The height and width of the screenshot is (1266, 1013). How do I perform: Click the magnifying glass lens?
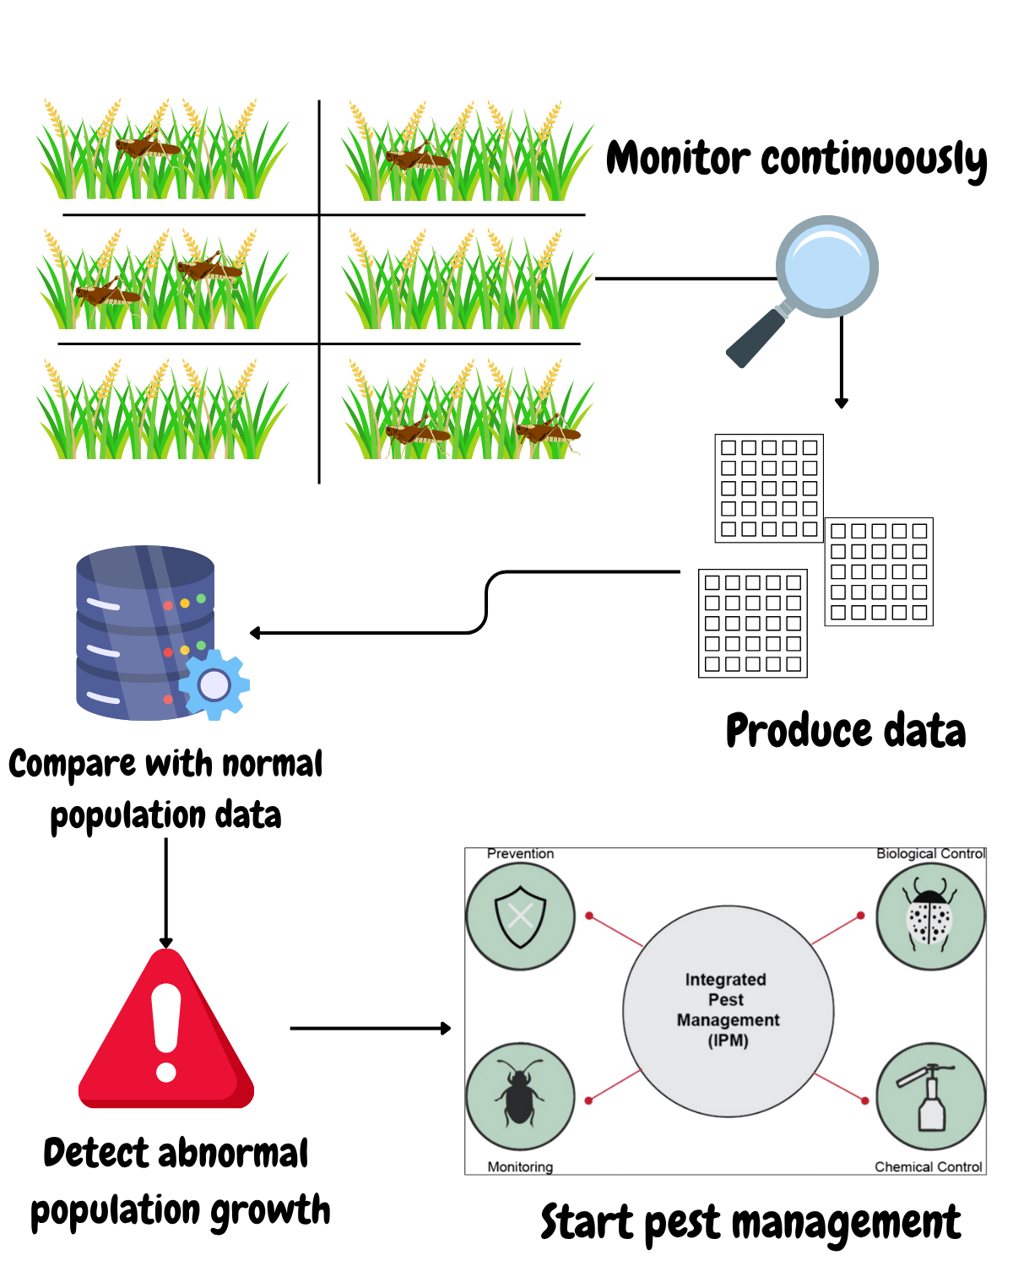826,267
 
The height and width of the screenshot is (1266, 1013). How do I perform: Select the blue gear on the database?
214,684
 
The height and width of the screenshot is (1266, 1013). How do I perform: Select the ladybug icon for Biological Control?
929,917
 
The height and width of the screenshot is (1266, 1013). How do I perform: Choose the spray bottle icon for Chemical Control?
930,1096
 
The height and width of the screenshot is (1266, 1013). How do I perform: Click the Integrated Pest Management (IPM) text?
728,1009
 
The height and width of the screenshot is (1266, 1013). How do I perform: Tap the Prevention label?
520,854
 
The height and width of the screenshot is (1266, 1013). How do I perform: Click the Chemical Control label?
928,1167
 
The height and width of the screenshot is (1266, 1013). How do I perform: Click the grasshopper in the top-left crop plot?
148,148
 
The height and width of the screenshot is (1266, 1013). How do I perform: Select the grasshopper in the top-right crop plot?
417,158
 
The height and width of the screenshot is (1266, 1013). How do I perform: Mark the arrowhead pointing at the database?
255,633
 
